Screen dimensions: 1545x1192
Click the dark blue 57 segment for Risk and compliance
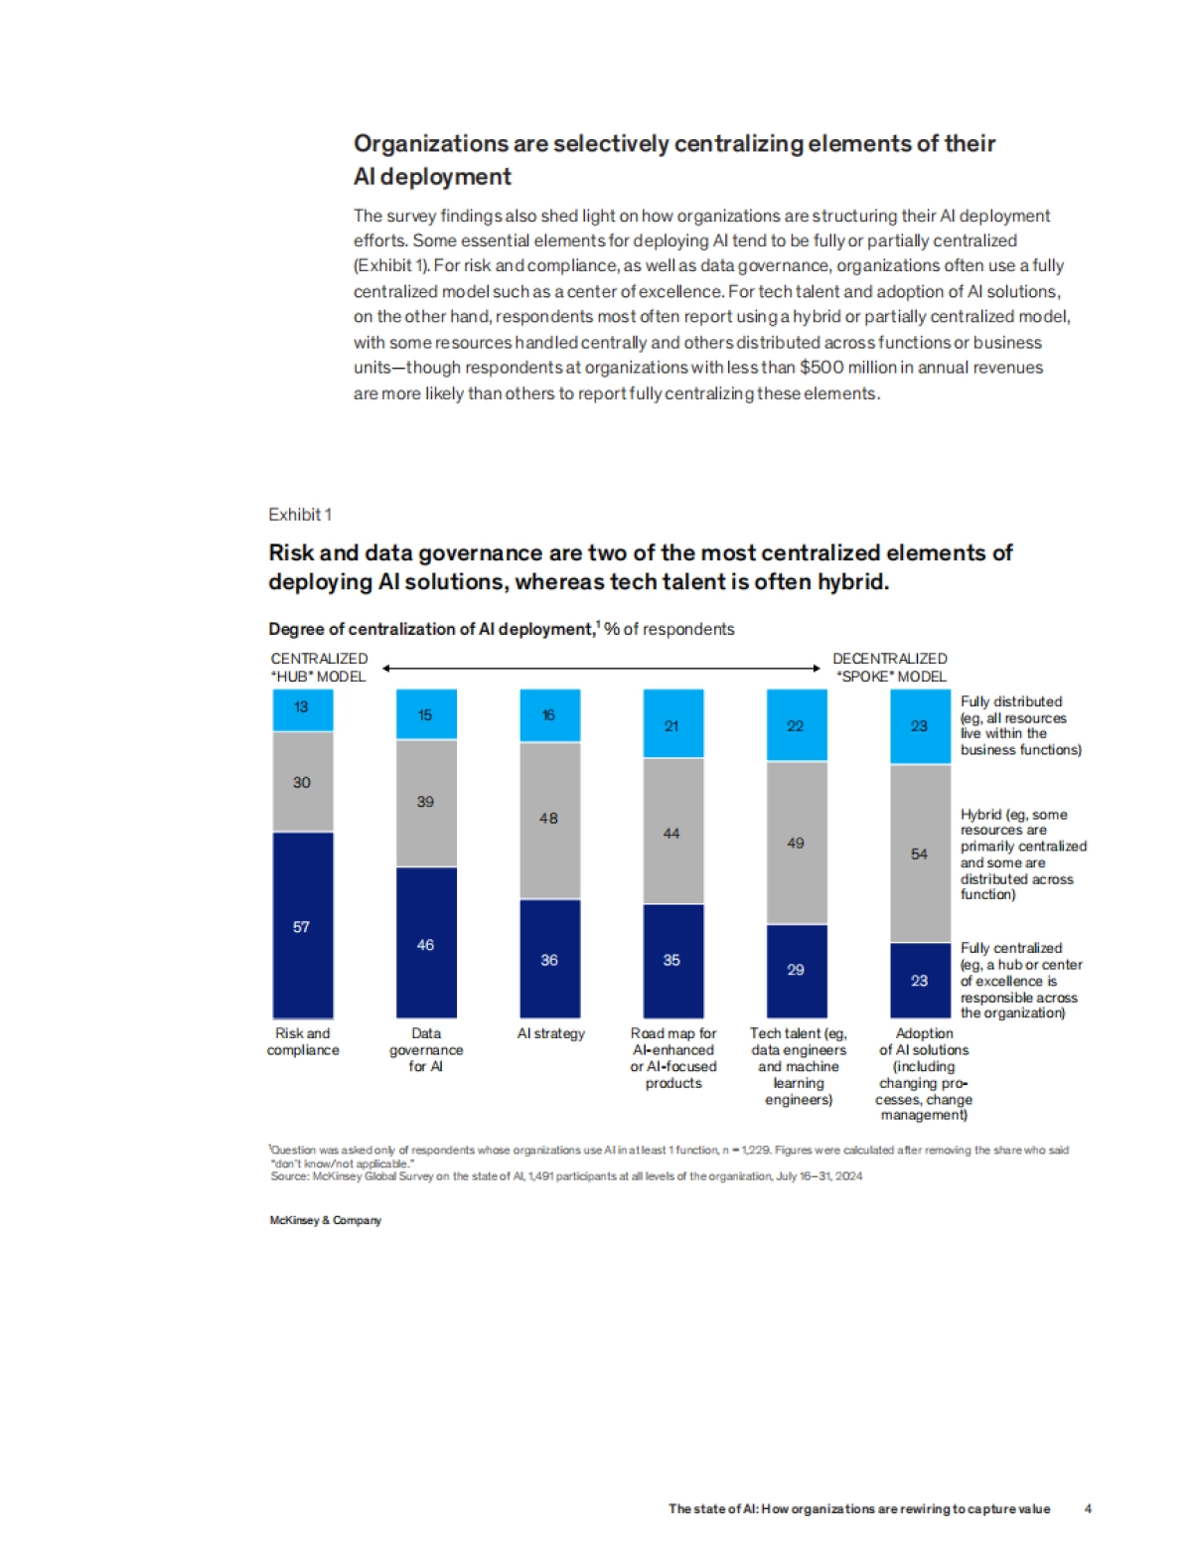tap(303, 925)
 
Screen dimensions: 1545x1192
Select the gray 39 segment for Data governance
tap(426, 803)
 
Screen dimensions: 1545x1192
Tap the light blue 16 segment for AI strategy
tap(549, 715)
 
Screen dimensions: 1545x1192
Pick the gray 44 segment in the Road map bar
tap(672, 832)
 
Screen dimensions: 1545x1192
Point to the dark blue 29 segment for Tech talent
tap(796, 970)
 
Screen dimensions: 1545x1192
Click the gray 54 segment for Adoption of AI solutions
tap(920, 853)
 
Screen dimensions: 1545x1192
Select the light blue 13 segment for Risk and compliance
tap(303, 709)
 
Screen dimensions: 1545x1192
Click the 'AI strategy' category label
tap(551, 1033)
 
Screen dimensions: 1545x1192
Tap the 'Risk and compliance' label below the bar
tap(303, 1041)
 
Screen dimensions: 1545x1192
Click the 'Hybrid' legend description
tap(1022, 853)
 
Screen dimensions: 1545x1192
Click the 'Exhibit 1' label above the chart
tap(300, 515)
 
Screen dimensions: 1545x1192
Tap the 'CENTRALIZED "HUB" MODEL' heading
tap(319, 667)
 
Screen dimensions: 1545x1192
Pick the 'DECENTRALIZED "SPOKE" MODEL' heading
tap(890, 667)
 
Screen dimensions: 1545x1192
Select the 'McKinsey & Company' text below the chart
tap(325, 1220)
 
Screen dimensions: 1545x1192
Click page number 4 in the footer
tap(1088, 1508)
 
